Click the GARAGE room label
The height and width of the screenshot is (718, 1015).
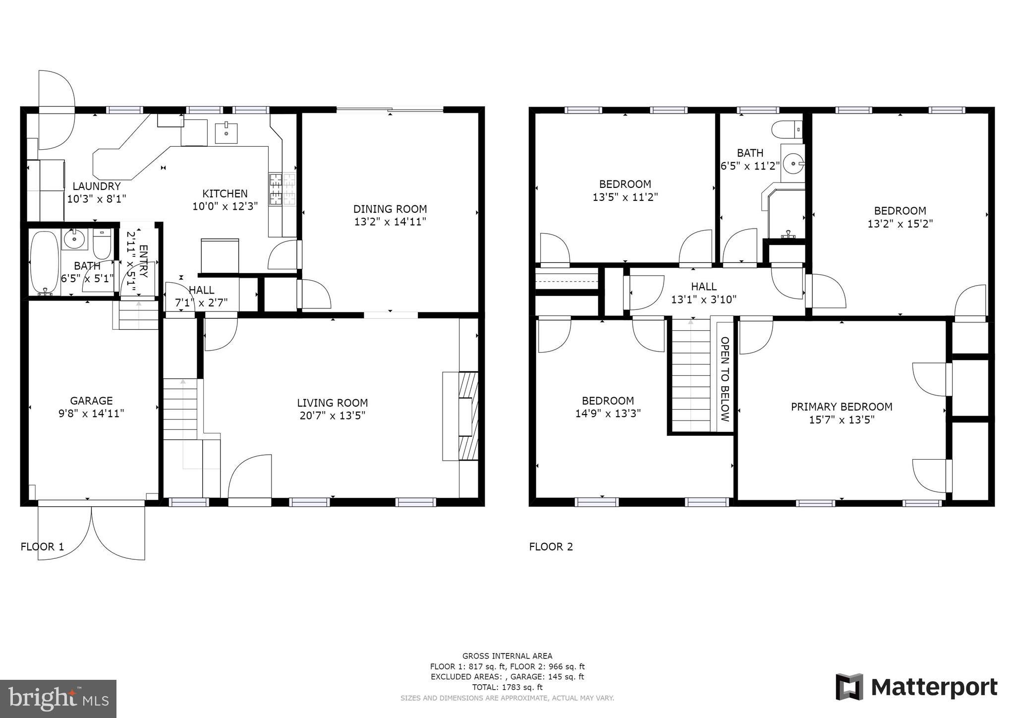(x=91, y=401)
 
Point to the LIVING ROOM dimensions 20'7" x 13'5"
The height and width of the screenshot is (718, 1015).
(x=332, y=416)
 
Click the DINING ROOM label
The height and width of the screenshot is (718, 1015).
(x=390, y=209)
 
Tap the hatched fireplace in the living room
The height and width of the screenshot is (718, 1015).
(x=468, y=417)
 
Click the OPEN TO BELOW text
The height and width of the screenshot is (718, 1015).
(x=725, y=379)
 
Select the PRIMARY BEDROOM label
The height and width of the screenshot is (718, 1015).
(x=842, y=407)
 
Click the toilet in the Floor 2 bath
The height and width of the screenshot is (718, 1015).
(x=787, y=129)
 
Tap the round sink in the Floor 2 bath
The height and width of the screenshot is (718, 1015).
(x=793, y=163)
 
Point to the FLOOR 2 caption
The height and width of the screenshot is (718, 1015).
(x=551, y=547)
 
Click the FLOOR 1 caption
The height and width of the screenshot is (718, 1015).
(x=42, y=547)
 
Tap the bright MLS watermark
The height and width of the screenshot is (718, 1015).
(x=58, y=699)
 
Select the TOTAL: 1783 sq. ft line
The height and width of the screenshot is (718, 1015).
(x=507, y=687)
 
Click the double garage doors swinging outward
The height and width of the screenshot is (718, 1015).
(x=92, y=531)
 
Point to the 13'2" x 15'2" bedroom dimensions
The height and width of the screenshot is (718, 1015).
(x=900, y=224)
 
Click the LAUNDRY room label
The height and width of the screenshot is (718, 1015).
(x=97, y=186)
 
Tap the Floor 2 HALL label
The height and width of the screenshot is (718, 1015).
(x=704, y=286)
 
